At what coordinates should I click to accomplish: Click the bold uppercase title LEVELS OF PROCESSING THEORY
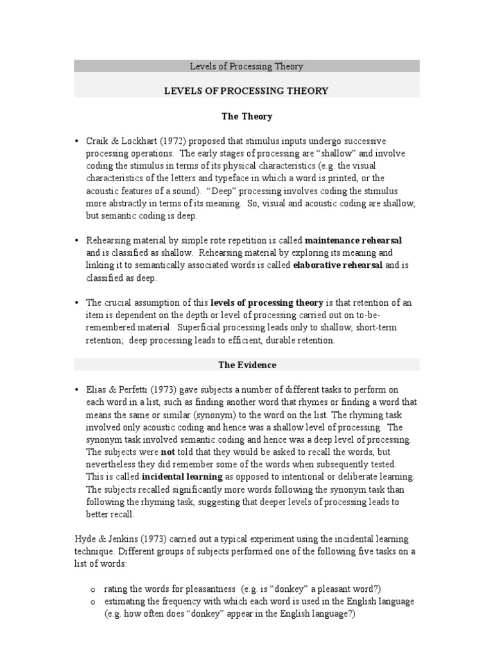tap(246, 91)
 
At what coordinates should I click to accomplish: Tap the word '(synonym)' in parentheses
tap(200, 414)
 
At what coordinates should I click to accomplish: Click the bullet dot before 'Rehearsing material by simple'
tap(78, 240)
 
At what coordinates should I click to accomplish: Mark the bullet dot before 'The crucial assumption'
tap(78, 303)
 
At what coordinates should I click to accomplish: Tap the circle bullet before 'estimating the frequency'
tap(92, 601)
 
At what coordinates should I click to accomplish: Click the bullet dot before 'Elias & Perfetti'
tap(78, 389)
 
